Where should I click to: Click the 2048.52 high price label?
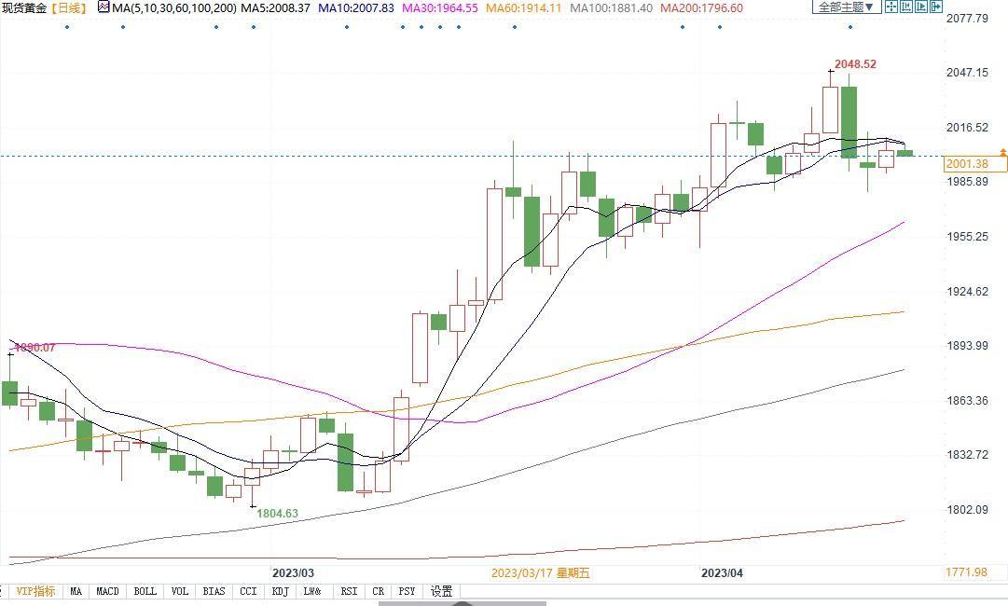pos(857,64)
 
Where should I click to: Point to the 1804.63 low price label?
pos(277,513)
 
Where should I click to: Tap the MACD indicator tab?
pos(107,591)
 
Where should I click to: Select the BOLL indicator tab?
pos(145,591)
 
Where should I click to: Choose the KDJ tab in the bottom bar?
pos(280,591)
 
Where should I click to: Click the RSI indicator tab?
pos(349,591)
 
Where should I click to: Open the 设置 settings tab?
pos(441,591)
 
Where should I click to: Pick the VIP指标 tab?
pos(35,591)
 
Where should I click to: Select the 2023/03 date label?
pos(293,572)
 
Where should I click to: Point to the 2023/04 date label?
pos(723,572)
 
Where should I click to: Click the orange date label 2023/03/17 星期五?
pos(540,572)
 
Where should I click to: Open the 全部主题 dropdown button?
pos(846,7)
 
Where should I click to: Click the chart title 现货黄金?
pos(22,7)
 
